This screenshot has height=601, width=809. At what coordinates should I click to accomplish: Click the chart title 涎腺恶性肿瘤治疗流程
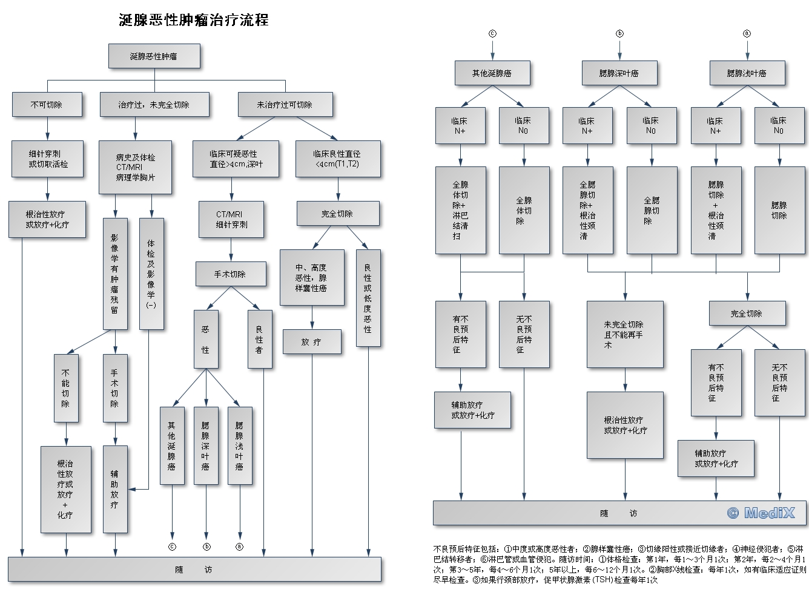point(194,20)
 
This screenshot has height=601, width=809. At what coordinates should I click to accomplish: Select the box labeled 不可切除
point(47,105)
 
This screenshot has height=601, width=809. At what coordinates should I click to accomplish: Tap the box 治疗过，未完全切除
point(154,105)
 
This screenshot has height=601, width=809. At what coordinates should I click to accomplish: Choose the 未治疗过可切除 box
point(285,105)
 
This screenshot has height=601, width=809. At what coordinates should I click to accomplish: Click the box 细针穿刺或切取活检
point(47,159)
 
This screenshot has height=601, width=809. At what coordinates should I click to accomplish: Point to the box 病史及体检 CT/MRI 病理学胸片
point(135,168)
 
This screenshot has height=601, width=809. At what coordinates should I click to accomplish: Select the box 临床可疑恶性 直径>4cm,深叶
point(236,159)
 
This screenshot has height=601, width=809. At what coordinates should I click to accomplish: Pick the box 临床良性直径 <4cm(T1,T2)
point(338,159)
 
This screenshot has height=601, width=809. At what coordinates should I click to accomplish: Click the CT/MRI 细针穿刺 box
point(231,219)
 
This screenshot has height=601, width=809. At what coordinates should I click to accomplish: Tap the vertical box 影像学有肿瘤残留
point(114,274)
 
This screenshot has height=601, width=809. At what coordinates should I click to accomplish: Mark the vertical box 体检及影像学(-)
point(151,274)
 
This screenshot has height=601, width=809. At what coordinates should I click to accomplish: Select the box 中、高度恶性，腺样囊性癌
point(311,278)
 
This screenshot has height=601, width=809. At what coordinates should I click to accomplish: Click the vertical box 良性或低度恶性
point(368,298)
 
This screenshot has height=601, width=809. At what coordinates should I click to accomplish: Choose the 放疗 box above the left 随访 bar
point(312,342)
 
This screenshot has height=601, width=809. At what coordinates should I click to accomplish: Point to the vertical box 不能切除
point(65,389)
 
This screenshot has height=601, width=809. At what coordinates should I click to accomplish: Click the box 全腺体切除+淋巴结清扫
point(460,210)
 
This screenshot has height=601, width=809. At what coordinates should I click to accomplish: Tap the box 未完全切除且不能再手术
point(624,335)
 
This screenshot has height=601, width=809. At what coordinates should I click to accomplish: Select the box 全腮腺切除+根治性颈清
point(587,210)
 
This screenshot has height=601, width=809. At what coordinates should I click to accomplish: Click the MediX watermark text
point(761,513)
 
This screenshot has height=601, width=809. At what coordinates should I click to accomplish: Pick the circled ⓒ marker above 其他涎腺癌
point(492,34)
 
